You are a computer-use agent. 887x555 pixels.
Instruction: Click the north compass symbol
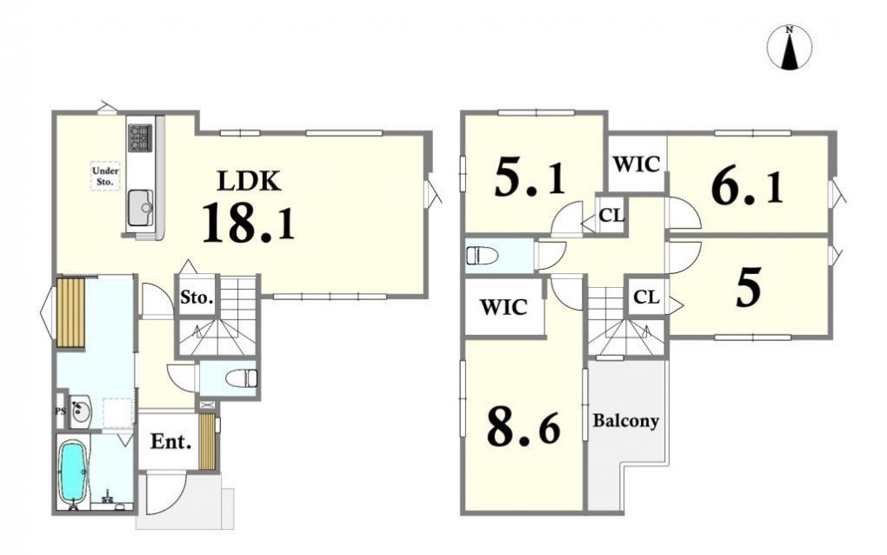[x=789, y=48]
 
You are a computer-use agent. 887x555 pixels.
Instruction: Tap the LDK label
[x=250, y=181]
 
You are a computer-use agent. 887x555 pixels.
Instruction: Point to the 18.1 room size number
[x=249, y=223]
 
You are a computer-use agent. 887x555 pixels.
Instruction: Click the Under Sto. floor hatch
[x=106, y=176]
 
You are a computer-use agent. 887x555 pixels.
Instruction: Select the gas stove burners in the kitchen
[x=140, y=137]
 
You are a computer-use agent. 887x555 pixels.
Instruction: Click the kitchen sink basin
[x=140, y=208]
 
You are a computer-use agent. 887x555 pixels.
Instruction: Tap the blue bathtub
[x=74, y=471]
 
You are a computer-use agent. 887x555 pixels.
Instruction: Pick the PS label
[x=61, y=411]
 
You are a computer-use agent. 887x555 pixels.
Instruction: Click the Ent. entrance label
[x=170, y=441]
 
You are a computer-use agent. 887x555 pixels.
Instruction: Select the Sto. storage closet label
[x=197, y=298]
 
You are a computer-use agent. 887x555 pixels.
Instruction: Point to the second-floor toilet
[x=482, y=256]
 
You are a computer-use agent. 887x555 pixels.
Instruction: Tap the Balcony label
[x=625, y=421]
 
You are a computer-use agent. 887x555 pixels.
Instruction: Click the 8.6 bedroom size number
[x=524, y=428]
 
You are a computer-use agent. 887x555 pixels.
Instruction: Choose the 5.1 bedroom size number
[x=530, y=176]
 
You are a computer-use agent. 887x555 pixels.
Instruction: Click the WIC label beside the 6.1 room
[x=637, y=164]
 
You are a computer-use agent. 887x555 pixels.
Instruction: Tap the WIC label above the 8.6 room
[x=504, y=307]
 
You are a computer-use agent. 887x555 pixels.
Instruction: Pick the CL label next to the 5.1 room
[x=611, y=215]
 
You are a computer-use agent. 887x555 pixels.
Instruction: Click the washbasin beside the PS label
[x=80, y=411]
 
